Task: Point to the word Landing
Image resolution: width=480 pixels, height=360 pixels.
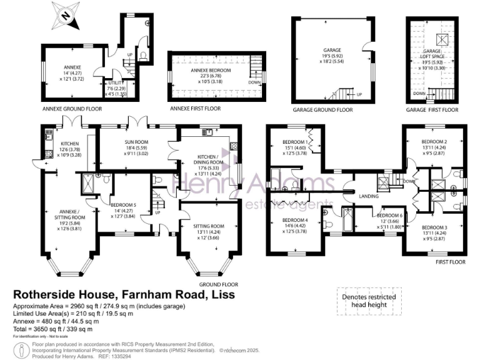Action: pyautogui.click(x=367, y=197)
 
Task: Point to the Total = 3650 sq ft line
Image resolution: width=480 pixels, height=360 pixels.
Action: pyautogui.click(x=54, y=329)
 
